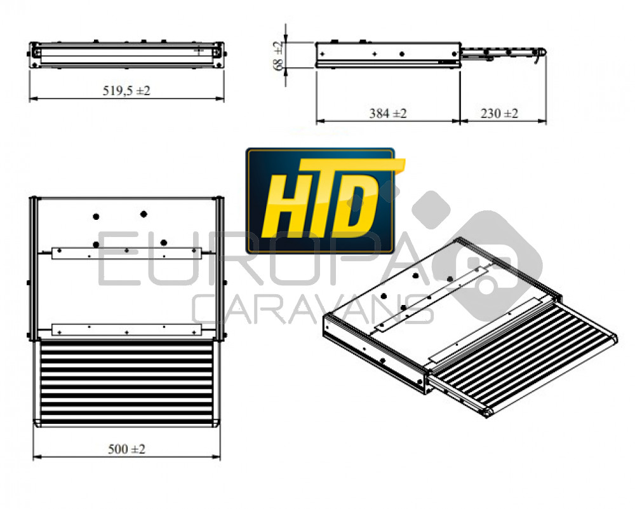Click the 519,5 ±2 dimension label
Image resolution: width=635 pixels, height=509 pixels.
click(126, 90)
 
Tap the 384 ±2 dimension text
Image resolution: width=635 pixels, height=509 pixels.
click(387, 114)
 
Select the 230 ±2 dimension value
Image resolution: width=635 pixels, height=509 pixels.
click(499, 114)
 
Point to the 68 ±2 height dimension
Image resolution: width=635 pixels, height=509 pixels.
click(278, 55)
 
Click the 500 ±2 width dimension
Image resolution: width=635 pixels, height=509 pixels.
click(126, 449)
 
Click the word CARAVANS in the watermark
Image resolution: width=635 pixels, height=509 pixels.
click(312, 309)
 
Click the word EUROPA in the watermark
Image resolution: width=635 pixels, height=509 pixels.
click(259, 258)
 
